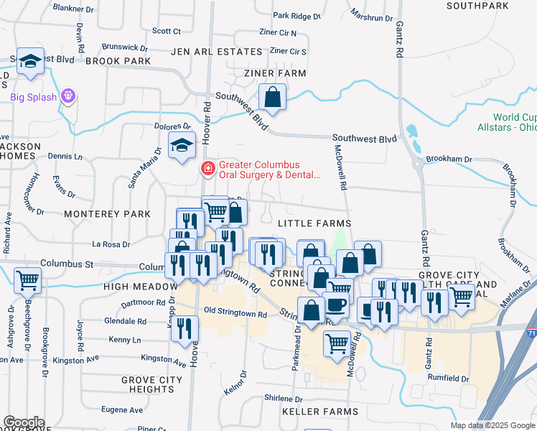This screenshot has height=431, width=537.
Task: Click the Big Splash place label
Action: click(33, 97)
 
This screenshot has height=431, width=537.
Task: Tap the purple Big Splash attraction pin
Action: click(68, 95)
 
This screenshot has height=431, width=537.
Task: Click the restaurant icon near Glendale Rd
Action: click(185, 328)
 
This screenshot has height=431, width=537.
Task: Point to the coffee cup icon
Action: click(336, 304)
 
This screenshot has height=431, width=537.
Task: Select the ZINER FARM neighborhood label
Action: click(275, 73)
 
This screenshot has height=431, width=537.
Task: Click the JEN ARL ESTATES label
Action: click(217, 52)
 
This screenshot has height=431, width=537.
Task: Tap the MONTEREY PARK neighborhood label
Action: click(107, 214)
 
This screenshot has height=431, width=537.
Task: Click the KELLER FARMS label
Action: click(320, 412)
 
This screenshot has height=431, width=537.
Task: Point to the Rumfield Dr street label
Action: click(449, 379)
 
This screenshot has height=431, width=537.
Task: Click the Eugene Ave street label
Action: click(121, 410)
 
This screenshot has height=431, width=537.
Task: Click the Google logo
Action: click(24, 422)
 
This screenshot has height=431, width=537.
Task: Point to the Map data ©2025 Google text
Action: click(492, 425)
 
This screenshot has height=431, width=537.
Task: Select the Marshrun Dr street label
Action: click(371, 16)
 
